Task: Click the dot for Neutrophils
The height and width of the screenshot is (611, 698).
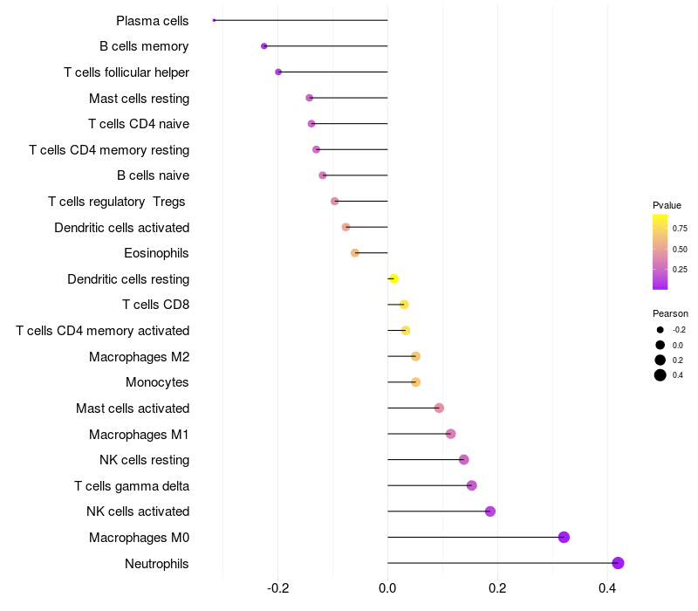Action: [618, 563]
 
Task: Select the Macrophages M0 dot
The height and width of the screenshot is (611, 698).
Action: [564, 537]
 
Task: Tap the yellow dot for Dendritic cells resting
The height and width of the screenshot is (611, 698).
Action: [393, 278]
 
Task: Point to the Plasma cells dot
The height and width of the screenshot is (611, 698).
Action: [214, 20]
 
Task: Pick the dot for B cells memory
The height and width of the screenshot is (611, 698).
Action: [264, 46]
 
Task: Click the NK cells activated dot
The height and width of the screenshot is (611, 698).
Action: [490, 511]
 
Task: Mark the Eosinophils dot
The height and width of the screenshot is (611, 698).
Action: [355, 253]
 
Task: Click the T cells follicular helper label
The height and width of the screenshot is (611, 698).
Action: [127, 72]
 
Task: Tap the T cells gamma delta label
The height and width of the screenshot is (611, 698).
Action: [132, 485]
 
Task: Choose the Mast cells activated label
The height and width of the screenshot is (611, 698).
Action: [133, 408]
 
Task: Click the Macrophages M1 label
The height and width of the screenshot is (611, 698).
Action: [139, 434]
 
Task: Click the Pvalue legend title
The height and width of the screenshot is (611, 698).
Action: [667, 205]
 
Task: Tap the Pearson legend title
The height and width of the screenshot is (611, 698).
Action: [670, 313]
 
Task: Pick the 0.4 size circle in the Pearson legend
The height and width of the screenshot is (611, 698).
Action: [660, 375]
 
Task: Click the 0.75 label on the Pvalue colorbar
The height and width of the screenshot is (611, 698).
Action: [680, 228]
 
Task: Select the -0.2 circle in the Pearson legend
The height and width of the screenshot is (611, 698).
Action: [660, 330]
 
